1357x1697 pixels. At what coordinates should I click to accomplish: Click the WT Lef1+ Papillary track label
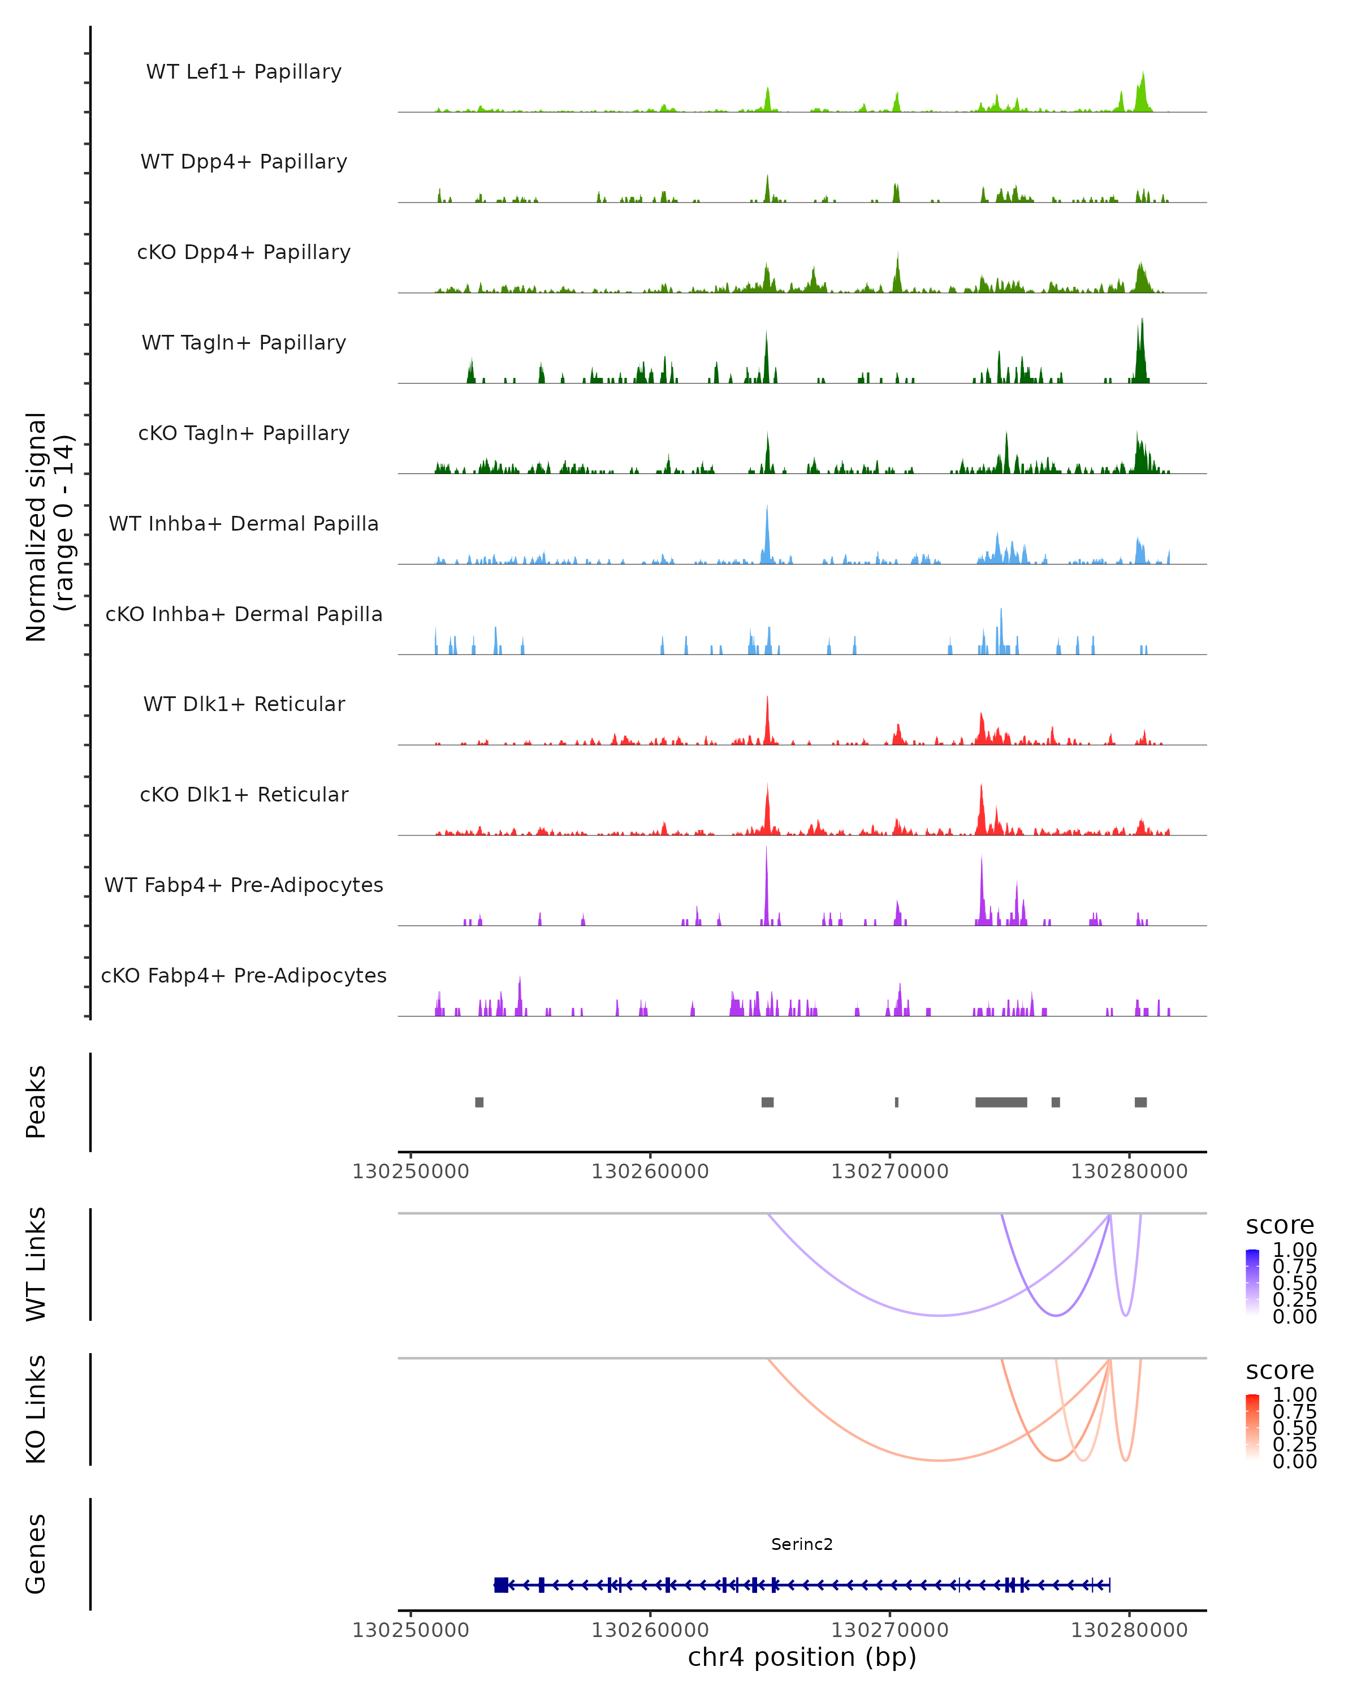[x=244, y=72]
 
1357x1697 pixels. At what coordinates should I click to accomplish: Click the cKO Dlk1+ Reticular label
[x=244, y=794]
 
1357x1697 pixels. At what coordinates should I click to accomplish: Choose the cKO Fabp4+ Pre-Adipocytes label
[x=244, y=975]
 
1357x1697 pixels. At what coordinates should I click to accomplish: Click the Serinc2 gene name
[x=802, y=1544]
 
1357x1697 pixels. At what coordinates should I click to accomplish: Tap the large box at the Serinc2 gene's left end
[x=500, y=1585]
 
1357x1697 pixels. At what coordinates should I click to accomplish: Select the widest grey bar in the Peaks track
[x=1001, y=1102]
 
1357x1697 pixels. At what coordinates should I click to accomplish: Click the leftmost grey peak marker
[x=479, y=1102]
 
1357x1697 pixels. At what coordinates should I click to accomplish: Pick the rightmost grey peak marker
[x=1140, y=1102]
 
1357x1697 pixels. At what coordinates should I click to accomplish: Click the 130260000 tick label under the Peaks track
[x=650, y=1171]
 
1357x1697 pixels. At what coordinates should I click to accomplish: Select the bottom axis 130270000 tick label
[x=890, y=1630]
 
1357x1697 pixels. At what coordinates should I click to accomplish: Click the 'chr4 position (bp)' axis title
[x=802, y=1657]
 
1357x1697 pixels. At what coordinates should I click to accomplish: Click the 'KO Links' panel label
[x=36, y=1410]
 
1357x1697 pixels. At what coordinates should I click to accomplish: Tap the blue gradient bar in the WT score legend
[x=1252, y=1280]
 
